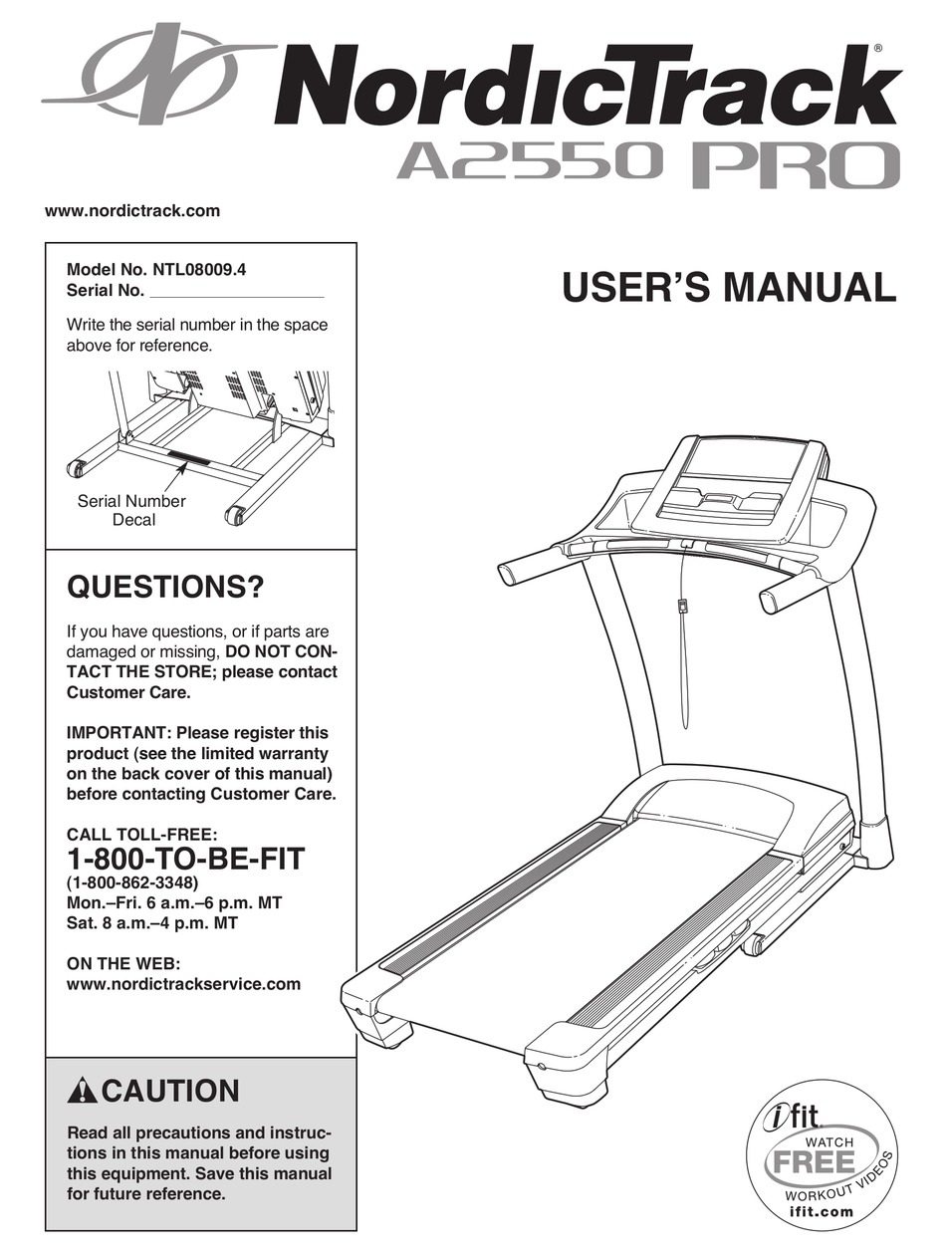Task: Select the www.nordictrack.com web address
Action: click(x=132, y=210)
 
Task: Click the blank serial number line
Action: click(x=236, y=293)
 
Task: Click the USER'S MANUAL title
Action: click(x=729, y=287)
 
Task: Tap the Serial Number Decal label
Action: click(x=132, y=510)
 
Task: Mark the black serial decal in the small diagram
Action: click(x=188, y=459)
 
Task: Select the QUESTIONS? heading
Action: click(x=165, y=589)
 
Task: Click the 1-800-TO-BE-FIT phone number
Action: click(x=185, y=858)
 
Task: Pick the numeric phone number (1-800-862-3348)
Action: click(x=133, y=883)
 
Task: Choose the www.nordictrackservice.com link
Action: click(x=183, y=983)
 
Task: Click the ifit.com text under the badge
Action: click(x=820, y=1212)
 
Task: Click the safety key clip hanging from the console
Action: click(x=683, y=606)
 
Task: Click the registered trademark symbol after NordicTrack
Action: click(x=876, y=48)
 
